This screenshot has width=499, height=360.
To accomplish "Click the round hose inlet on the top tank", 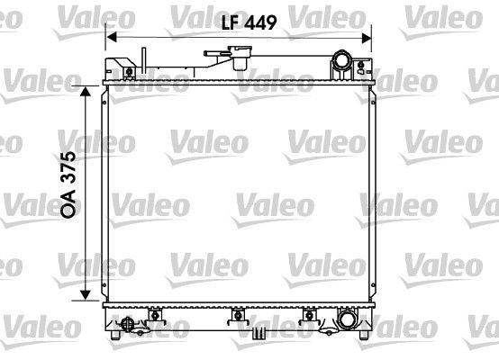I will [342, 62].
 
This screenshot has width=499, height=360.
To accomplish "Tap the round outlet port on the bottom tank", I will [346, 318].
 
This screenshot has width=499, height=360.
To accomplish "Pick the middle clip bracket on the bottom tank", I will [239, 314].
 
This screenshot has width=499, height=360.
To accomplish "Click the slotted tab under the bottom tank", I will [259, 333].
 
